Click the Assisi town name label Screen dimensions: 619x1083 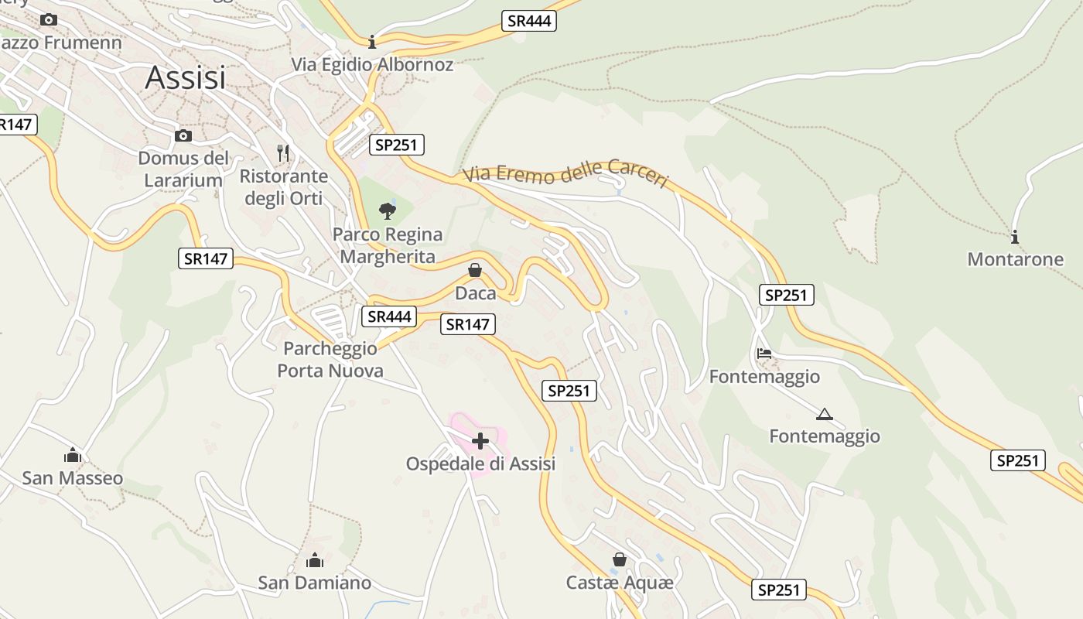click(186, 77)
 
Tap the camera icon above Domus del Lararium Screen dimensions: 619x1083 click(183, 136)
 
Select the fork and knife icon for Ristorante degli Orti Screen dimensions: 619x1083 click(283, 153)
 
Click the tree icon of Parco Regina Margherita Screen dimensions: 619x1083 click(388, 210)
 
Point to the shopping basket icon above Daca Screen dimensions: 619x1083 click(475, 270)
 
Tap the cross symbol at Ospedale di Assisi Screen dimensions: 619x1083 click(480, 441)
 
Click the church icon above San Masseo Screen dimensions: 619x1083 click(73, 455)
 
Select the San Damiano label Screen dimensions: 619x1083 click(315, 583)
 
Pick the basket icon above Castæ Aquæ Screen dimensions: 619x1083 click(620, 559)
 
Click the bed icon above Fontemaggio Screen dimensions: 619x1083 click(764, 354)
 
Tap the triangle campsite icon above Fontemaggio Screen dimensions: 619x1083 click(825, 414)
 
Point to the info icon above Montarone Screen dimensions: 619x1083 click(1015, 237)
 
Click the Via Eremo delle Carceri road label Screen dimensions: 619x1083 click(565, 174)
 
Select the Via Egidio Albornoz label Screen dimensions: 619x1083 click(372, 64)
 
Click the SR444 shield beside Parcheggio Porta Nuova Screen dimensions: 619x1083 click(388, 316)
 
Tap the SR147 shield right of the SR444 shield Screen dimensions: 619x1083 click(468, 324)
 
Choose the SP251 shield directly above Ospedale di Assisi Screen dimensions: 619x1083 click(569, 391)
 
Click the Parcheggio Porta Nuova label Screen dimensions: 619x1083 click(330, 360)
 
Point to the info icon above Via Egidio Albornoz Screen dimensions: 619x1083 click(372, 41)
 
